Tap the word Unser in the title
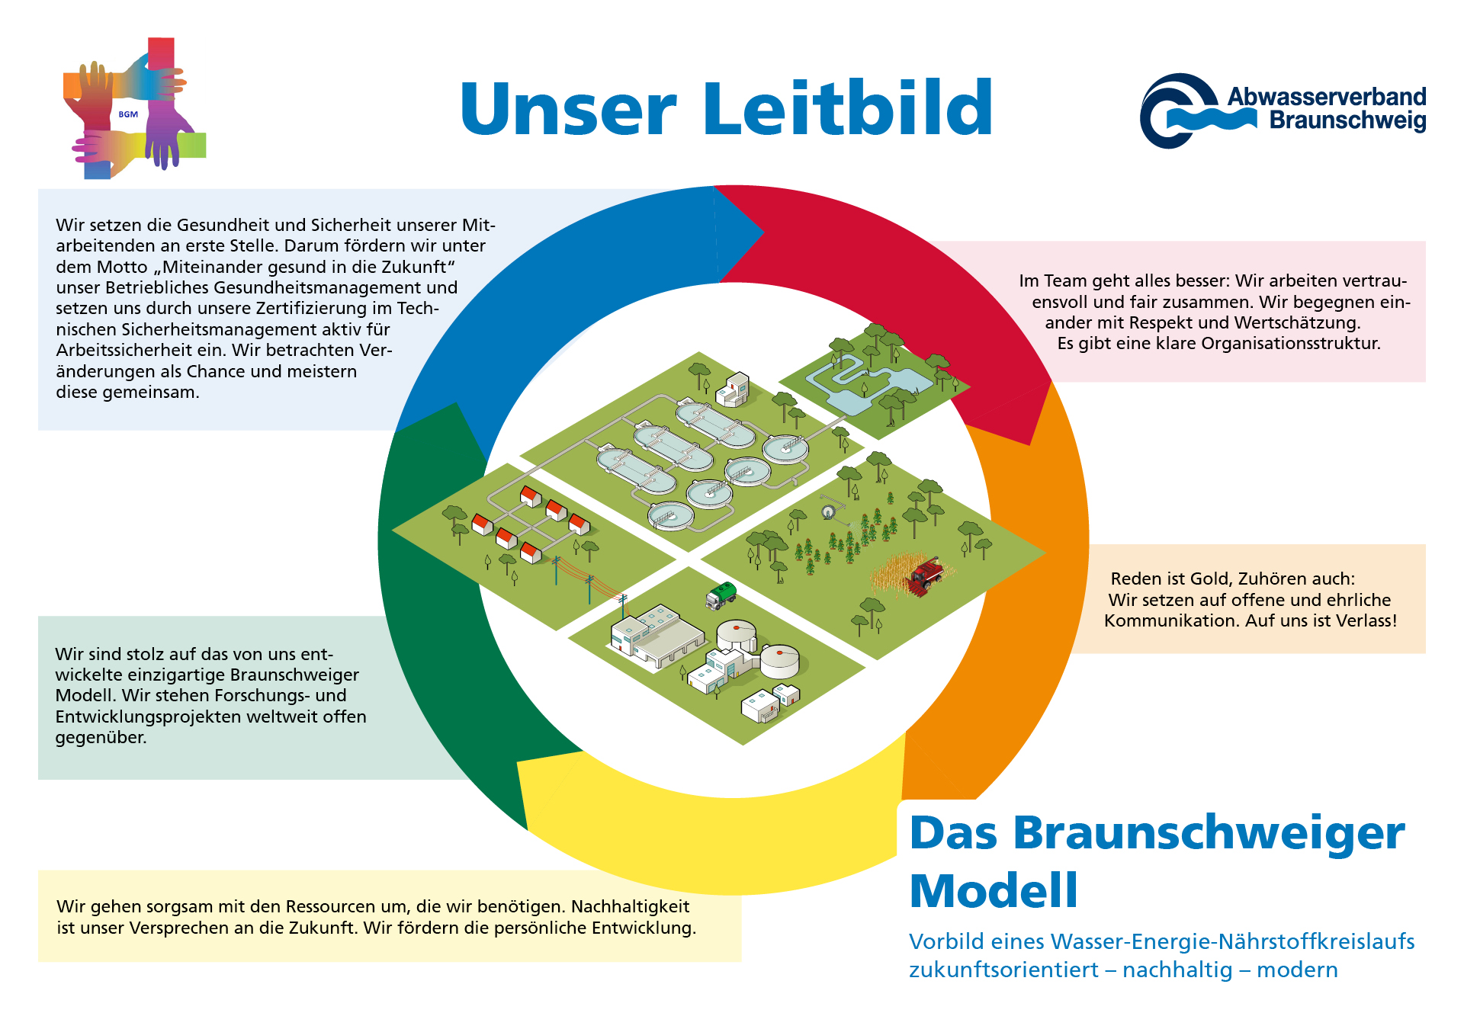[x=569, y=109]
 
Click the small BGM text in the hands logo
[x=128, y=114]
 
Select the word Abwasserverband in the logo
[x=1327, y=97]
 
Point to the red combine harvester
[x=925, y=575]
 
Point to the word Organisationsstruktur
[x=1291, y=344]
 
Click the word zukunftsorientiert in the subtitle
[x=1003, y=970]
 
